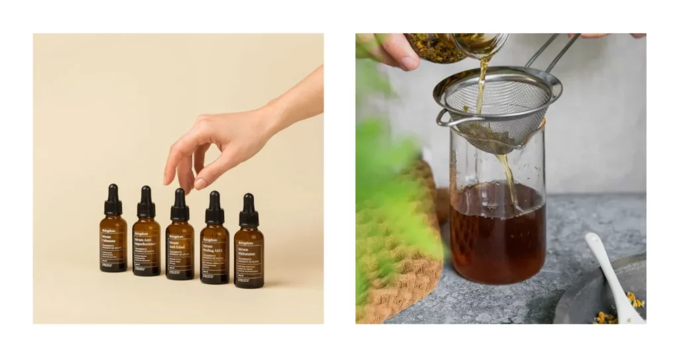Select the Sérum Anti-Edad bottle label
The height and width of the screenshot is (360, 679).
click(180, 251)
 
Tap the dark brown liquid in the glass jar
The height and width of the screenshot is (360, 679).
click(497, 239)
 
